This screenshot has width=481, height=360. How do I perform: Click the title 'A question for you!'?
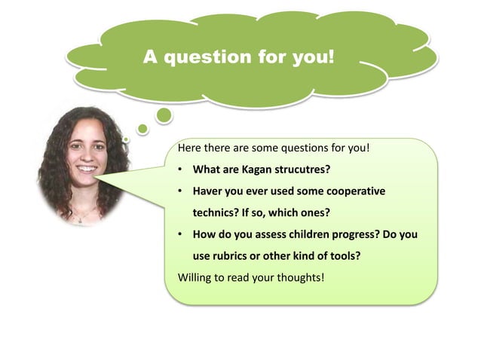[238, 57]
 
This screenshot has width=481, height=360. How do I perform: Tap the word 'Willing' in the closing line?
[195, 277]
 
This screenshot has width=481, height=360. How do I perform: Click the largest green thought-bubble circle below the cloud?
[164, 114]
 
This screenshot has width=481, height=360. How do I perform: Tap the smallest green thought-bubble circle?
[127, 139]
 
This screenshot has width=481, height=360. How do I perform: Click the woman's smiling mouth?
[87, 169]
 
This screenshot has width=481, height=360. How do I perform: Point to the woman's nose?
[86, 157]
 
